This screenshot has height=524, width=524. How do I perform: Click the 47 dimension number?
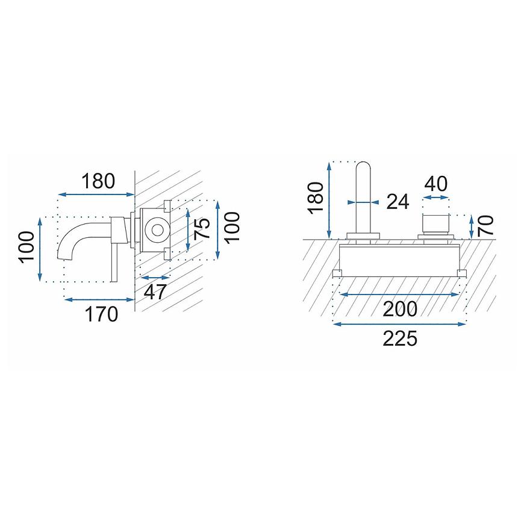[155, 292]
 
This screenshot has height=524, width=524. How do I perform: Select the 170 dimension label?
[101, 314]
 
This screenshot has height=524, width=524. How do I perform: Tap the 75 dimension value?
[202, 229]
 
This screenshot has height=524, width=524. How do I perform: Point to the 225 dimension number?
[400, 338]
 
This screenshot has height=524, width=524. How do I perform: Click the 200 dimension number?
[400, 309]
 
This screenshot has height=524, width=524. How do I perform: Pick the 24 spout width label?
[398, 202]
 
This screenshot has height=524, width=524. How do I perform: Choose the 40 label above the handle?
[436, 184]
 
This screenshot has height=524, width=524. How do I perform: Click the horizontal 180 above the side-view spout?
[98, 181]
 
